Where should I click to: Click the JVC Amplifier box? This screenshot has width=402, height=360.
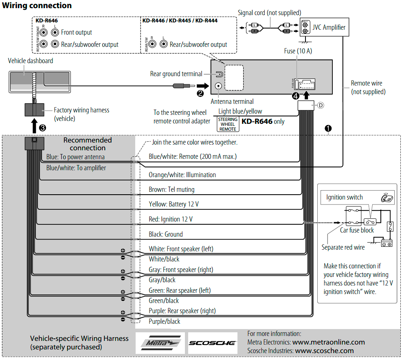(x=324, y=28)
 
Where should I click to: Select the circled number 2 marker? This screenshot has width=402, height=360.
(x=200, y=93)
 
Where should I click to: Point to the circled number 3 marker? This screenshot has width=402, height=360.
(x=42, y=127)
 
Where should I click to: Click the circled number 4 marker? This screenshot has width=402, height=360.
(x=296, y=96)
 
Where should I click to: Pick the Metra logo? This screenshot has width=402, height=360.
(x=160, y=343)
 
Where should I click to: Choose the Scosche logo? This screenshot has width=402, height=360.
(x=212, y=343)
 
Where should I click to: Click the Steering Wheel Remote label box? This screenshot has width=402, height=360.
(x=228, y=124)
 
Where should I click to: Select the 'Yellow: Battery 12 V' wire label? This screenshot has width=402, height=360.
(x=174, y=204)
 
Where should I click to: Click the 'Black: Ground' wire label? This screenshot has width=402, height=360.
(x=166, y=234)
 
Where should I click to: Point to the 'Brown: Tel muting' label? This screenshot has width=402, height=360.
(x=171, y=189)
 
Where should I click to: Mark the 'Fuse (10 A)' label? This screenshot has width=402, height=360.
(x=298, y=51)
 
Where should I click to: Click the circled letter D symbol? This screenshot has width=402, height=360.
(x=321, y=105)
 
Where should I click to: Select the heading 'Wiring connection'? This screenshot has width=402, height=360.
(x=37, y=6)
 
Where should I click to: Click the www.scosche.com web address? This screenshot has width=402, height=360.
(x=324, y=351)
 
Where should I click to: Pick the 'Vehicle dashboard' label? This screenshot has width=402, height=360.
(x=31, y=61)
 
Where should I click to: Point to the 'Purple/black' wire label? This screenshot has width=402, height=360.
(x=164, y=321)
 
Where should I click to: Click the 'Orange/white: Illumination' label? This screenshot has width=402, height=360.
(x=182, y=175)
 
